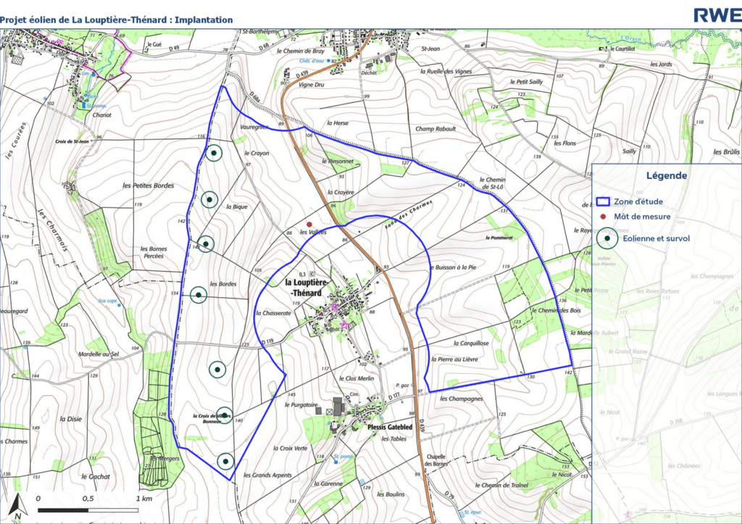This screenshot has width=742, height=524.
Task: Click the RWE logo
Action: (x=716, y=14)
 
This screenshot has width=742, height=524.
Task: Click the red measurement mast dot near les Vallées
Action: (x=309, y=225)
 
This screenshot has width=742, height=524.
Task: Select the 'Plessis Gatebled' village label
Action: (x=390, y=428)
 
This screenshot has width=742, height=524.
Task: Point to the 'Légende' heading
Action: (x=667, y=175)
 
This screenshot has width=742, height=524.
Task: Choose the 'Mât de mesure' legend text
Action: (x=642, y=216)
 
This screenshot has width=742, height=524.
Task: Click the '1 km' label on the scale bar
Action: (x=143, y=499)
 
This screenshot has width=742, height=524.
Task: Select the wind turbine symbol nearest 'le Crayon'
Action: (x=213, y=153)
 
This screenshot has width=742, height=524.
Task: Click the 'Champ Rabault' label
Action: (x=435, y=129)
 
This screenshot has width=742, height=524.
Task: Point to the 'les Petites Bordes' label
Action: (x=148, y=186)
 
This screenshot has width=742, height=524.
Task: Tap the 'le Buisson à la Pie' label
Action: (x=453, y=267)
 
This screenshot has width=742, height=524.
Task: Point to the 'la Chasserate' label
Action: (x=273, y=313)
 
